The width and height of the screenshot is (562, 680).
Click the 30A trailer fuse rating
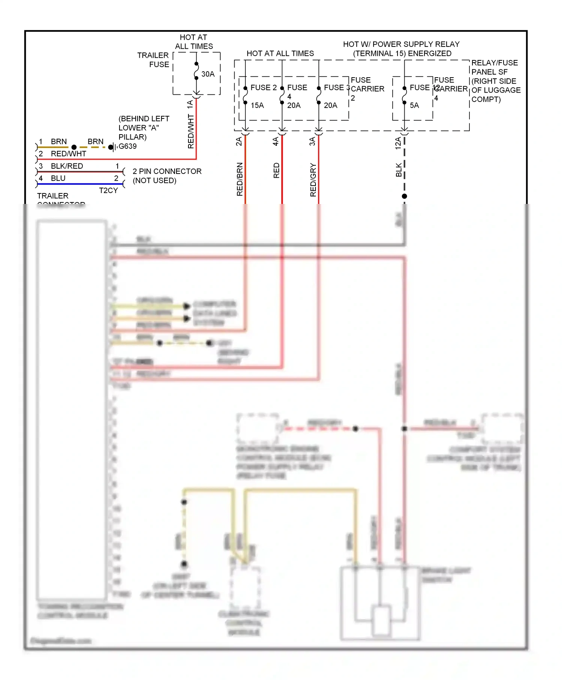tap(208, 74)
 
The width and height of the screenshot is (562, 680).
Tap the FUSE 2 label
tap(263, 87)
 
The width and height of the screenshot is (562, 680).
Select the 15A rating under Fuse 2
tap(257, 105)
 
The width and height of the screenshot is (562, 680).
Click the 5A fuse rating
tap(414, 105)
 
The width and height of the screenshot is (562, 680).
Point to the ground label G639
tap(127, 146)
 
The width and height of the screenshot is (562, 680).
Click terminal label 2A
tap(239, 141)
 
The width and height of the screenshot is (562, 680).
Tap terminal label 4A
tap(275, 141)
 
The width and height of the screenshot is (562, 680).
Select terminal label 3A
tap(312, 141)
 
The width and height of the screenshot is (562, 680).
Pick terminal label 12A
tap(398, 143)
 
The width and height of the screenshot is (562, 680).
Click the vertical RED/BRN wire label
tap(240, 179)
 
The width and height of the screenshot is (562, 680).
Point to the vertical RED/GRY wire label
tap(313, 180)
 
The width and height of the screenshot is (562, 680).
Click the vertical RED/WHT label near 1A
tap(191, 131)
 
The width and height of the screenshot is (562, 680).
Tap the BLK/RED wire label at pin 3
tap(67, 166)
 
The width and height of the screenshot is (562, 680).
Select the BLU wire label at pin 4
tap(58, 178)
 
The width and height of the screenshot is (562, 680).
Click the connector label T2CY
tap(108, 190)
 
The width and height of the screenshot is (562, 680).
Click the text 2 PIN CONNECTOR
tap(167, 171)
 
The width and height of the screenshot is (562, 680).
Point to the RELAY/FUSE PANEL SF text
tap(494, 67)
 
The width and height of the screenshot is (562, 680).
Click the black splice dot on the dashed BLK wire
tap(404, 196)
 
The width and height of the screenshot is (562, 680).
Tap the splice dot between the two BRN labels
tap(74, 147)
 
